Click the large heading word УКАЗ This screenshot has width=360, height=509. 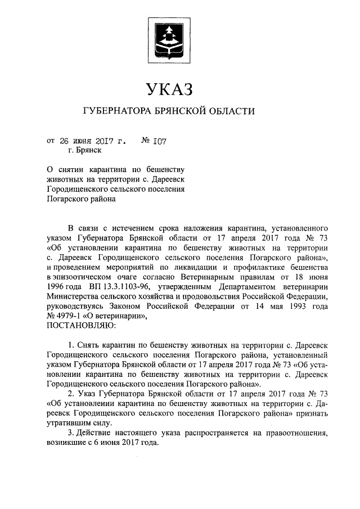tap(169, 89)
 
